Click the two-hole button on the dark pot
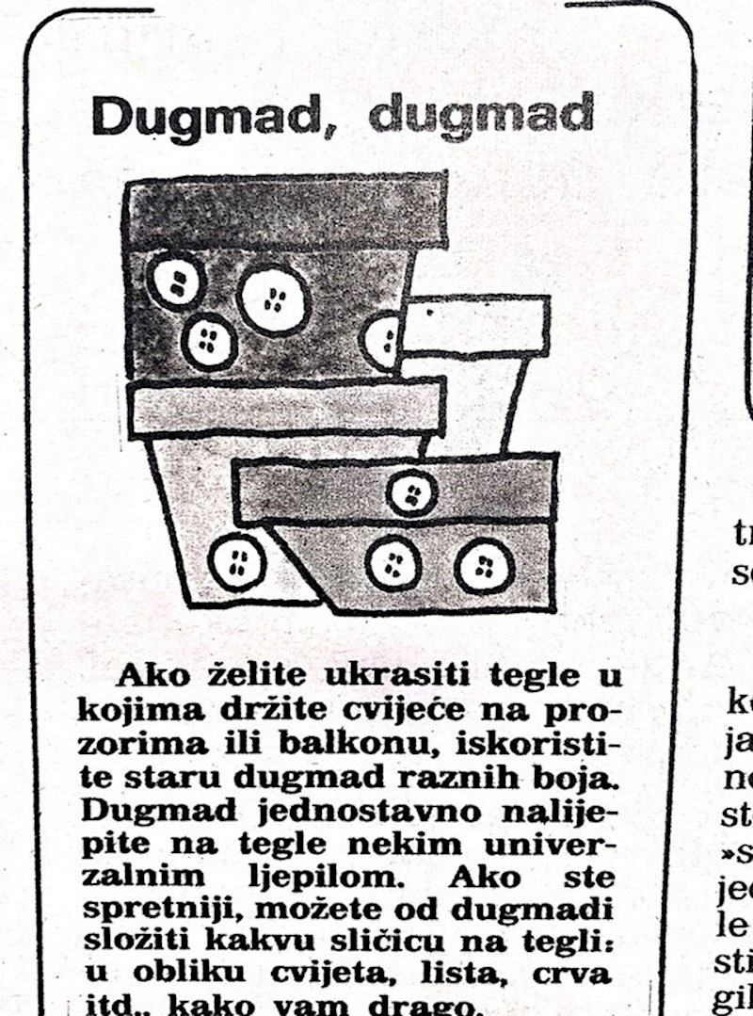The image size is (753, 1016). pos(176,281)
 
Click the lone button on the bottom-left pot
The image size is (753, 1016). pos(236,563)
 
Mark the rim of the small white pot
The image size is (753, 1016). pos(475,326)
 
